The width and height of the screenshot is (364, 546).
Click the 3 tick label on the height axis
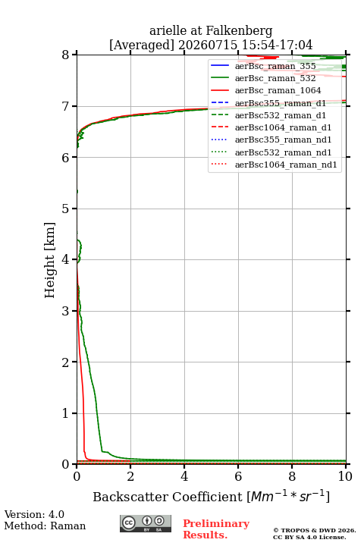(x=65, y=311)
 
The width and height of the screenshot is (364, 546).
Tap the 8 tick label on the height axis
(x=65, y=55)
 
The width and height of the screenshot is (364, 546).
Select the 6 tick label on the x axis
(x=238, y=476)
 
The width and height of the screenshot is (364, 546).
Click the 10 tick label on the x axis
(x=345, y=476)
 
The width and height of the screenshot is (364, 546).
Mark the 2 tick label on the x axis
(x=130, y=476)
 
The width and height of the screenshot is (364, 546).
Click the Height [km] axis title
(x=50, y=260)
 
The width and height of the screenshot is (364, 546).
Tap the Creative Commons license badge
(x=146, y=524)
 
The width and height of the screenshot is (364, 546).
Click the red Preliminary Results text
(x=216, y=529)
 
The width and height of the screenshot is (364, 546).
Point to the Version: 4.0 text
(x=34, y=515)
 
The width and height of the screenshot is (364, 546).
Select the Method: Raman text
(x=45, y=526)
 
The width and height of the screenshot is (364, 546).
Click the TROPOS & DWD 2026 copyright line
(x=315, y=530)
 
